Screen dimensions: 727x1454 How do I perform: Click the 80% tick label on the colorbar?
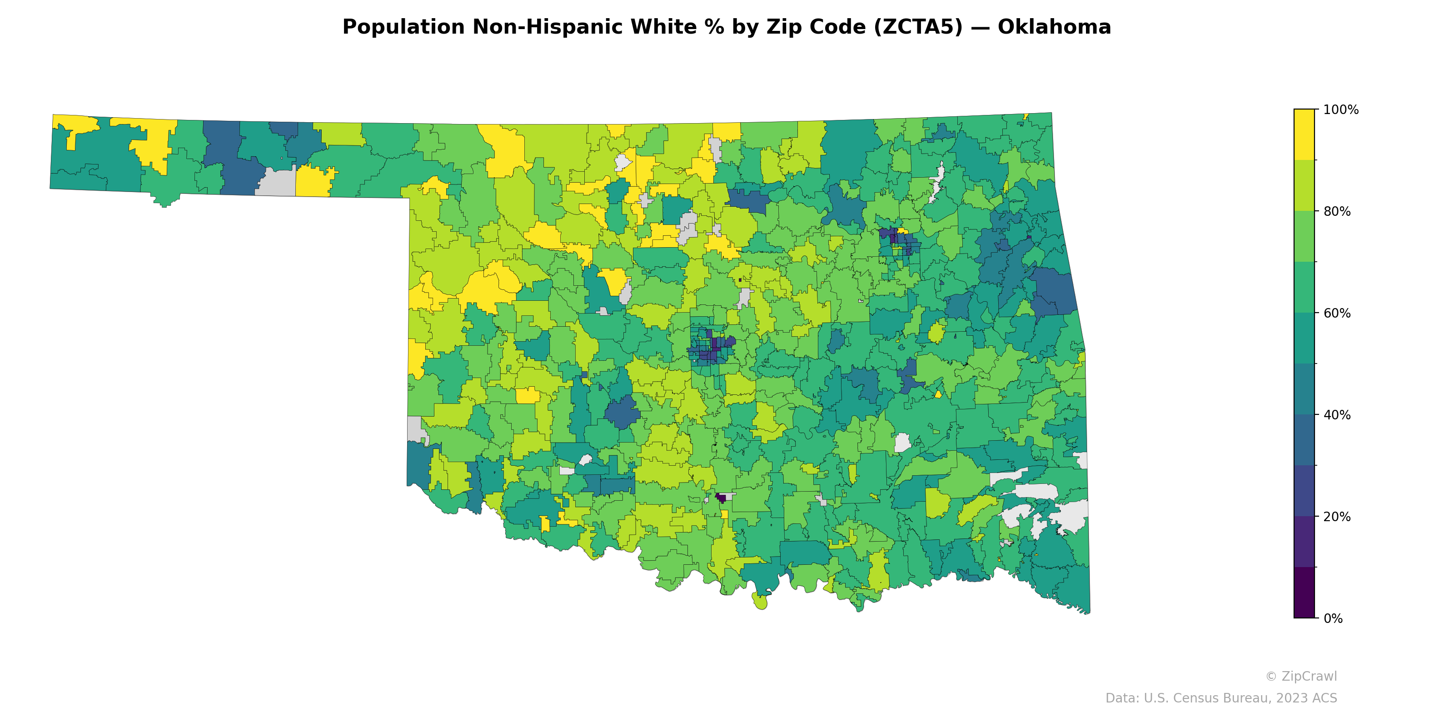pos(1337,212)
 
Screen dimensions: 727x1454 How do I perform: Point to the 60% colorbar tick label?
pos(1337,313)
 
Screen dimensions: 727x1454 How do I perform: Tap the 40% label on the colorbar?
pos(1337,415)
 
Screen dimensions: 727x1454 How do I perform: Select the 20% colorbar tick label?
pos(1337,517)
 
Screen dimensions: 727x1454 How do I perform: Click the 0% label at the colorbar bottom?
pos(1333,618)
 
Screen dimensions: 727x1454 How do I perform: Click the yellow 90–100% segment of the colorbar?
pos(1304,134)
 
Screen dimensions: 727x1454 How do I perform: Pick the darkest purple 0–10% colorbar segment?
pos(1304,593)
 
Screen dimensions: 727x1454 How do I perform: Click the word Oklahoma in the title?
pos(1054,27)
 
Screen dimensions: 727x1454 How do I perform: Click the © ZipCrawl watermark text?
pos(1300,676)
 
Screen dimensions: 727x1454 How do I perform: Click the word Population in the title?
pos(403,27)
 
